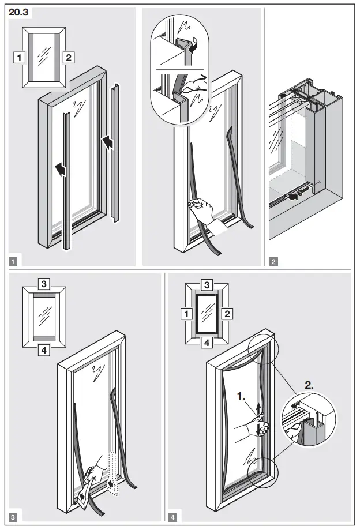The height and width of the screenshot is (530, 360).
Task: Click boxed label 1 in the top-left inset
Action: pyautogui.click(x=20, y=57)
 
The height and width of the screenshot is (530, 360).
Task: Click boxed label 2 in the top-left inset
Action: pyautogui.click(x=68, y=57)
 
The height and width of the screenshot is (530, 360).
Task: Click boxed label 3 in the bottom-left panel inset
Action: pyautogui.click(x=44, y=283)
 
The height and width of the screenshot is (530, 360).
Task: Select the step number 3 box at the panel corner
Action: pyautogui.click(x=13, y=517)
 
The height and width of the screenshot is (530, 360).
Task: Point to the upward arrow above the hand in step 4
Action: pyautogui.click(x=258, y=407)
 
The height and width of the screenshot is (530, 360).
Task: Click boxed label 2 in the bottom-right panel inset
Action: pyautogui.click(x=227, y=314)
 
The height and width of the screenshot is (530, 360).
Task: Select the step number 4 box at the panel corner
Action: pyautogui.click(x=174, y=517)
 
